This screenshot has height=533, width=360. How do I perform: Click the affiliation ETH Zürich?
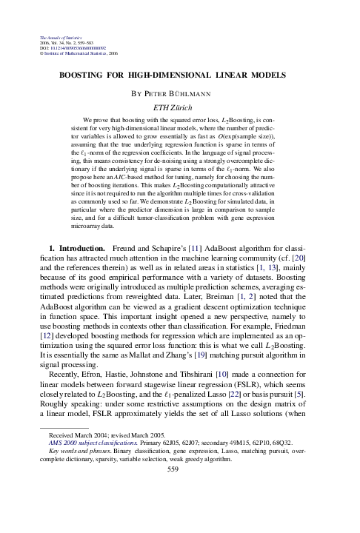180,108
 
